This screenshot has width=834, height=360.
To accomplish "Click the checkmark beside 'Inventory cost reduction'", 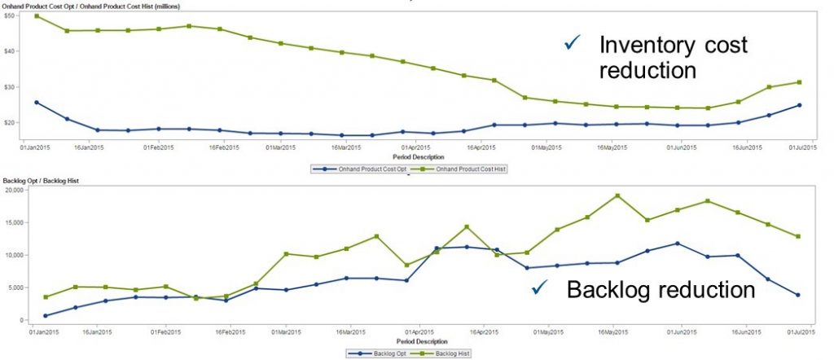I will [x=573, y=44].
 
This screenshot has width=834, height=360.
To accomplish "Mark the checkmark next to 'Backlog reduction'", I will [x=538, y=288].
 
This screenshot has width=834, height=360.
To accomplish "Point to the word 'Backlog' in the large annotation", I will [x=611, y=289].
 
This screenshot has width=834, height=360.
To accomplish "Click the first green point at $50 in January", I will [x=37, y=16].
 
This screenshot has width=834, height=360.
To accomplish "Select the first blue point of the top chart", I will [x=37, y=103].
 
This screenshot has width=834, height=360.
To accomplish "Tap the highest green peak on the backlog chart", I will [x=617, y=195].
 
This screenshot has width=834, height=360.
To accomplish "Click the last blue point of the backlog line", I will [x=798, y=295].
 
